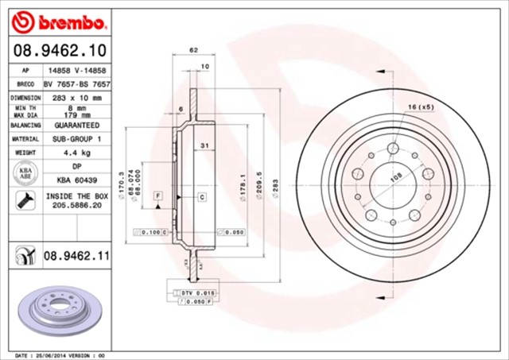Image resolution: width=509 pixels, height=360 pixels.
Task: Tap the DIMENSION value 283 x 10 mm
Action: click(x=77, y=97)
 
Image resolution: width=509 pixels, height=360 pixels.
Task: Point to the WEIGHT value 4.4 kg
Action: click(x=77, y=151)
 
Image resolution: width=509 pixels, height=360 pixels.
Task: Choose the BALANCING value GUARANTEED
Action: click(x=77, y=126)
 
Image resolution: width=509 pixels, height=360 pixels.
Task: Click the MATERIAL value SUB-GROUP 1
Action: click(x=77, y=138)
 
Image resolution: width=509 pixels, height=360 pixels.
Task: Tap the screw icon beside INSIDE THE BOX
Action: click(x=23, y=200)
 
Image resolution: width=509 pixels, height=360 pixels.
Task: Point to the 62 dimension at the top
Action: click(x=193, y=50)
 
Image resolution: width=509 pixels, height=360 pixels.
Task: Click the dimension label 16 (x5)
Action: click(x=420, y=106)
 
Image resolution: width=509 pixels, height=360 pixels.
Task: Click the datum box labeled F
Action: click(x=158, y=195)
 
